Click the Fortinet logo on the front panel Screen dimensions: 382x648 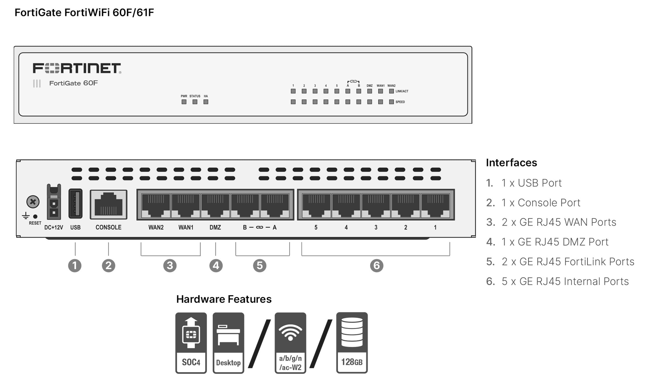pyautogui.click(x=77, y=68)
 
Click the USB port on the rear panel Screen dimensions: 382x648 pyautogui.click(x=75, y=203)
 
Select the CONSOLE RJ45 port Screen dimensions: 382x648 pyautogui.click(x=108, y=204)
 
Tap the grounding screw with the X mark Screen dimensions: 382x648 pyautogui.click(x=33, y=202)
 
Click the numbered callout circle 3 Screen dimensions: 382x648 pyautogui.click(x=170, y=266)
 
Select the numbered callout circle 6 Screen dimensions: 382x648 pyautogui.click(x=377, y=266)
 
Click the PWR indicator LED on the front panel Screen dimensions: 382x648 pyautogui.click(x=184, y=102)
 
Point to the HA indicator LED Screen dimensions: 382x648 pyautogui.click(x=206, y=102)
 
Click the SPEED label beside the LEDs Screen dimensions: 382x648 pyautogui.click(x=400, y=102)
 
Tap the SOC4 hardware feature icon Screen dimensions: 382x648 pyautogui.click(x=191, y=343)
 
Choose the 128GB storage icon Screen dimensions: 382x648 pyautogui.click(x=352, y=343)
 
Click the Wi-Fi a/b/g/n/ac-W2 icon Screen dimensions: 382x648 pyautogui.click(x=290, y=343)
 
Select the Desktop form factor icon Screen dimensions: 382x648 pyautogui.click(x=228, y=343)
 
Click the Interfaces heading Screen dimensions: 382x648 pyautogui.click(x=511, y=163)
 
